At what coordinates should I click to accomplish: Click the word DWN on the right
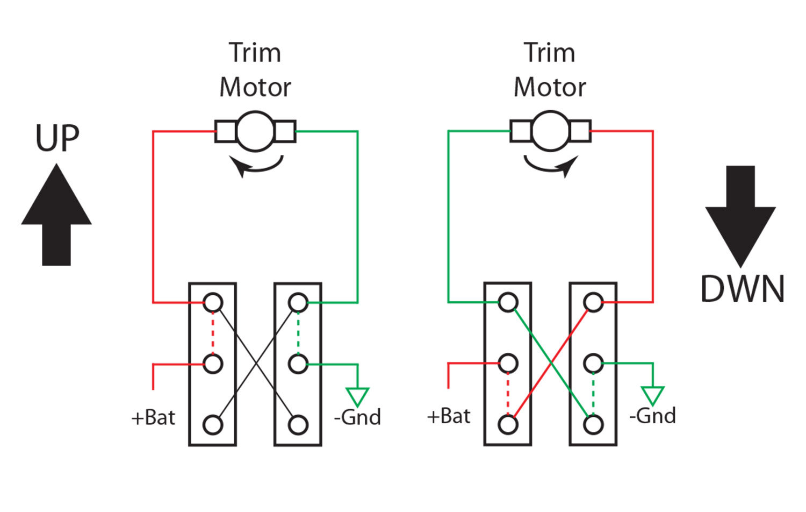click(742, 289)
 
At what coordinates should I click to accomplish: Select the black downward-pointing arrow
click(740, 215)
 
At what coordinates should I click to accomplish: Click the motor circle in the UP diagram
click(255, 131)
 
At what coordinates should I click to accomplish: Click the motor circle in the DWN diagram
click(550, 131)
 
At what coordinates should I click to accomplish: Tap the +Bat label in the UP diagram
click(153, 417)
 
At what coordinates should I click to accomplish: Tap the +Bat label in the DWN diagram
click(449, 416)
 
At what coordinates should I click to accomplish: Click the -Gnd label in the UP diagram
click(357, 417)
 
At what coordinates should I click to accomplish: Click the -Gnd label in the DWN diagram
click(652, 416)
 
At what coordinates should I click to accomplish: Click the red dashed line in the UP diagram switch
click(213, 333)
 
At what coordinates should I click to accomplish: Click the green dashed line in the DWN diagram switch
click(593, 394)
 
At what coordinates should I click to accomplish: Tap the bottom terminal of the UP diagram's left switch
click(213, 425)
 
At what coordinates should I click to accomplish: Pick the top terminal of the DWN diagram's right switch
click(593, 302)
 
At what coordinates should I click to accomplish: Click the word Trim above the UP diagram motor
click(255, 53)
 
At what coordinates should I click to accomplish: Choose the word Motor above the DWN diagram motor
click(550, 87)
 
